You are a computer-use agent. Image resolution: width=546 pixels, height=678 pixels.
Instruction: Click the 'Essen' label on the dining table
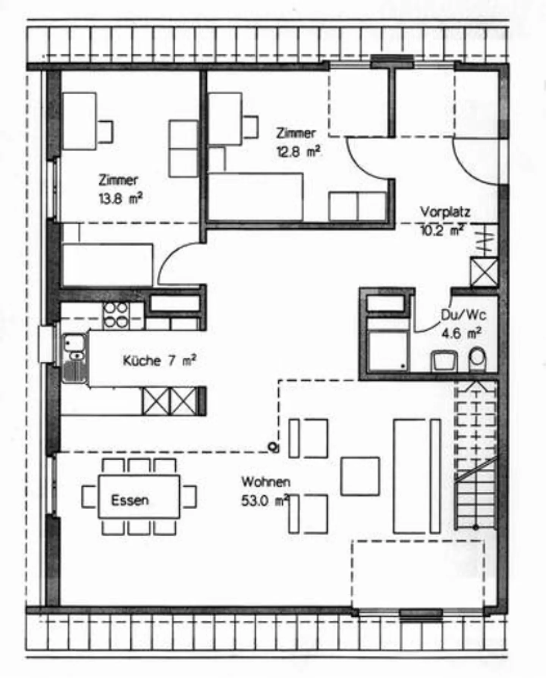coord(130,500)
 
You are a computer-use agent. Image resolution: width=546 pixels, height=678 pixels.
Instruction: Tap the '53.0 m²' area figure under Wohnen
coord(265,501)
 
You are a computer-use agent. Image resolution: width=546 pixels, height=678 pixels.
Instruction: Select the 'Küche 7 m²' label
coord(159,360)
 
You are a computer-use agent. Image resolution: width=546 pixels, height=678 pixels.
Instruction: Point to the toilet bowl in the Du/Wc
coord(477,359)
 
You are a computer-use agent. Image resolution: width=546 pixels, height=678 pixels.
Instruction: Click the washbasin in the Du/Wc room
coord(444,361)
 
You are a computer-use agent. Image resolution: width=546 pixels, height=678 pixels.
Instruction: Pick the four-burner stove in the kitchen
coord(116,315)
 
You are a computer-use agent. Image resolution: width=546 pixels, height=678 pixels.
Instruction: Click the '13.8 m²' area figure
coord(121,198)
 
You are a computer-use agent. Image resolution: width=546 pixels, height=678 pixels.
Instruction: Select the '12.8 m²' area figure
coord(298,152)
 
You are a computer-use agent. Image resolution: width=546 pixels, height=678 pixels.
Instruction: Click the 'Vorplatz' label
coord(445,212)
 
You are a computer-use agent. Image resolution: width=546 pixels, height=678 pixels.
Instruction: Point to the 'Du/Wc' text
coord(463,315)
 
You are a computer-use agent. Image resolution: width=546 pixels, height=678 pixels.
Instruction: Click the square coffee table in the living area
coord(360,476)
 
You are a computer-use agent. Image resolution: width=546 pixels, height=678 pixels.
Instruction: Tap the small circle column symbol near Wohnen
coord(272,446)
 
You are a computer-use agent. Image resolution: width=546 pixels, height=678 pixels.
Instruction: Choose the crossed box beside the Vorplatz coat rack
coord(483,272)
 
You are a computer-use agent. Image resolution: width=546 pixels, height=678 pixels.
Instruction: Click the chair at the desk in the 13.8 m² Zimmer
coord(105,131)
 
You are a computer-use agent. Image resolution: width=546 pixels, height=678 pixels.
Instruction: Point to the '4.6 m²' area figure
coord(461,333)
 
